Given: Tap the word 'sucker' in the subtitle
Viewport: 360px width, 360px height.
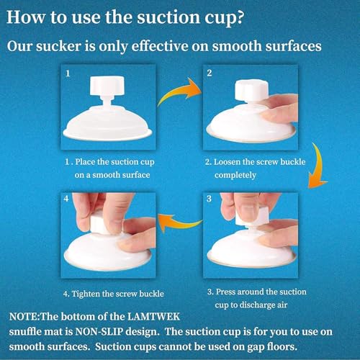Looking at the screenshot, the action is tap(58, 46).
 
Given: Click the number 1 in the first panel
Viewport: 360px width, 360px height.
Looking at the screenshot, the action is tap(68, 73).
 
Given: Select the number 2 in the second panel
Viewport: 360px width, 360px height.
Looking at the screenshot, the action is tap(210, 73).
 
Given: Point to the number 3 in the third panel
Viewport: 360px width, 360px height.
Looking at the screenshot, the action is tap(209, 199).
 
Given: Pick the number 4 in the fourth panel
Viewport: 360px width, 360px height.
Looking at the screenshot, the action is tap(66, 199).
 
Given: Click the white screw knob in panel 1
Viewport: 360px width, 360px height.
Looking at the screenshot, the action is tap(107, 86).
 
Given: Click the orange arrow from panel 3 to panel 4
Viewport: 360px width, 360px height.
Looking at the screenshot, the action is tap(179, 222).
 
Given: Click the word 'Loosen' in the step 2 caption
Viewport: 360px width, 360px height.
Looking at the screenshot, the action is tap(227, 162).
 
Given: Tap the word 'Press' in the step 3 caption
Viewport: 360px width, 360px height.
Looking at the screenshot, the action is tap(225, 292).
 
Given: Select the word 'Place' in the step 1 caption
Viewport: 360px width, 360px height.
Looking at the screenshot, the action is tap(85, 162).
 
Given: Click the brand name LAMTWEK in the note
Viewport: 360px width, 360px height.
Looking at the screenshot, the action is tap(153, 317).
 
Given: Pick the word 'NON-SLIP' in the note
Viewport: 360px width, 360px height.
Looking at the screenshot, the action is tap(99, 332).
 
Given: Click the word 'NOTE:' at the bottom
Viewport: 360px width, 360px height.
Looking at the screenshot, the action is tap(24, 317).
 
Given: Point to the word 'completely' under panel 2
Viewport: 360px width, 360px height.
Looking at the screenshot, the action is tap(235, 176).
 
